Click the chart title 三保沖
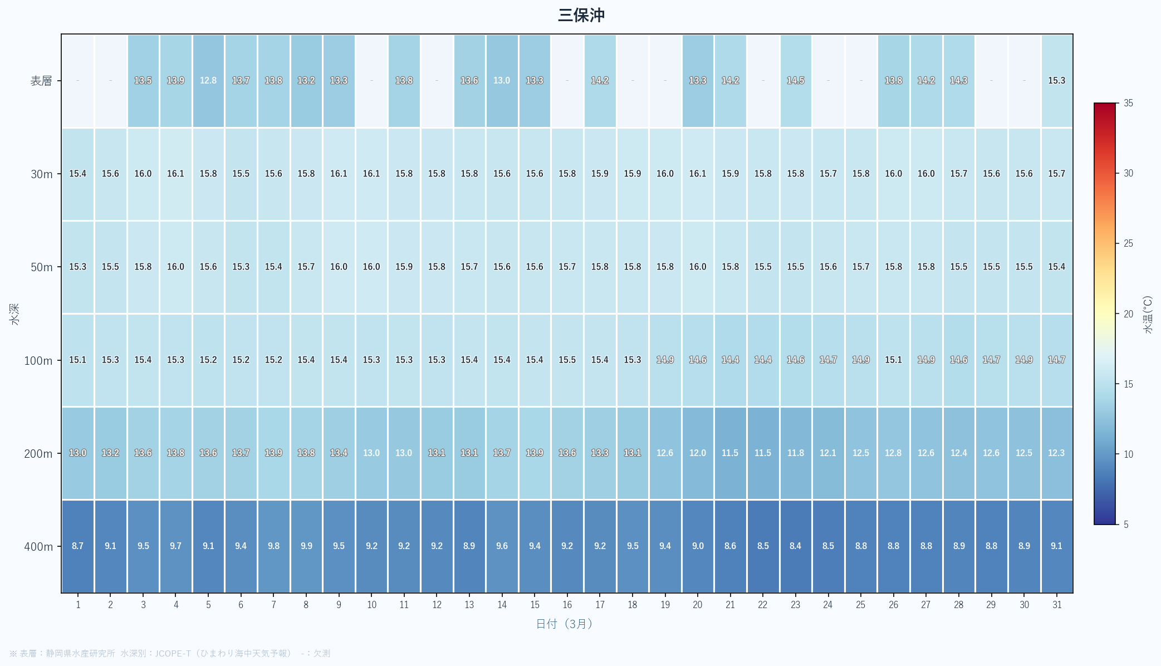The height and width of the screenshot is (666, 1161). coord(581,15)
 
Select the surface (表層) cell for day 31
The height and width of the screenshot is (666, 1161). coord(1056,81)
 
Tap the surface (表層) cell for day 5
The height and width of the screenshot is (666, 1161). coord(208,81)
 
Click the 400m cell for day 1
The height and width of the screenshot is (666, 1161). coord(78,546)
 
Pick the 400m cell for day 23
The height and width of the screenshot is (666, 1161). coord(795,546)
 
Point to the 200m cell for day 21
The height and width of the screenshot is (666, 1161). coord(730,453)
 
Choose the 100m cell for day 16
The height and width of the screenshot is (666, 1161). coord(567,360)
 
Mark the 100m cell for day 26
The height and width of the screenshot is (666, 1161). coord(893,360)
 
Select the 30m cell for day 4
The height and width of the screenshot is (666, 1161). coord(175,174)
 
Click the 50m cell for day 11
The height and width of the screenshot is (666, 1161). coord(404,267)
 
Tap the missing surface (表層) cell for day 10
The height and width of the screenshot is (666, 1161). coord(371,81)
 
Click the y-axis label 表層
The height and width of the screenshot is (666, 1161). coord(41,81)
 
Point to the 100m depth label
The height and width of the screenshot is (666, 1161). coord(38,361)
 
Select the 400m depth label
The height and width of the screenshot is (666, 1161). coord(38,547)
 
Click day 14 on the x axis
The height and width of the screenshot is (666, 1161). coord(502,605)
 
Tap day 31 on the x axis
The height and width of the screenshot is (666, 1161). coord(1056,605)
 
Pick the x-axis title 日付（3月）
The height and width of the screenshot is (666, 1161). coord(564,624)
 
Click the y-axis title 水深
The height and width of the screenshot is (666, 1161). coord(14,314)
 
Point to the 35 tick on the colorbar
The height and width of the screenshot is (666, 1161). coord(1128,103)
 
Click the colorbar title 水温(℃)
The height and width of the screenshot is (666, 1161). coord(1148,315)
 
